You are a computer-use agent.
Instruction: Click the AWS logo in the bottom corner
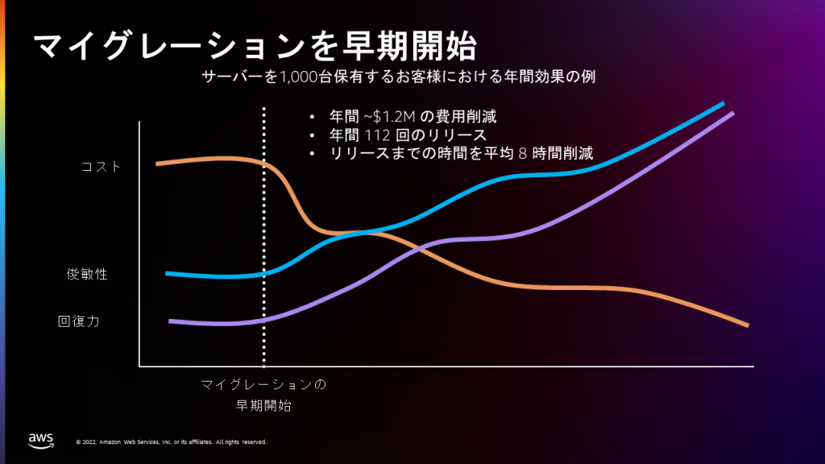[41, 439]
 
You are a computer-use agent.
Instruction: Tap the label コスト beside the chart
[101, 167]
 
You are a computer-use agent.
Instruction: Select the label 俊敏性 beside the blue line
[87, 274]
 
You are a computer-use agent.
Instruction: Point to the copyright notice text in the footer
[171, 442]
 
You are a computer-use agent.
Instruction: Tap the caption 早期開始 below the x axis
[263, 405]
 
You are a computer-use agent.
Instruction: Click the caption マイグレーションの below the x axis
[263, 385]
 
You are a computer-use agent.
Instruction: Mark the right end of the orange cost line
[748, 325]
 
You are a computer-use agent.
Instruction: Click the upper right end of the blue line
[723, 104]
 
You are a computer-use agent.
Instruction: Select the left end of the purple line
[171, 321]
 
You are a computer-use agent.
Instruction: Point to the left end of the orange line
[158, 164]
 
